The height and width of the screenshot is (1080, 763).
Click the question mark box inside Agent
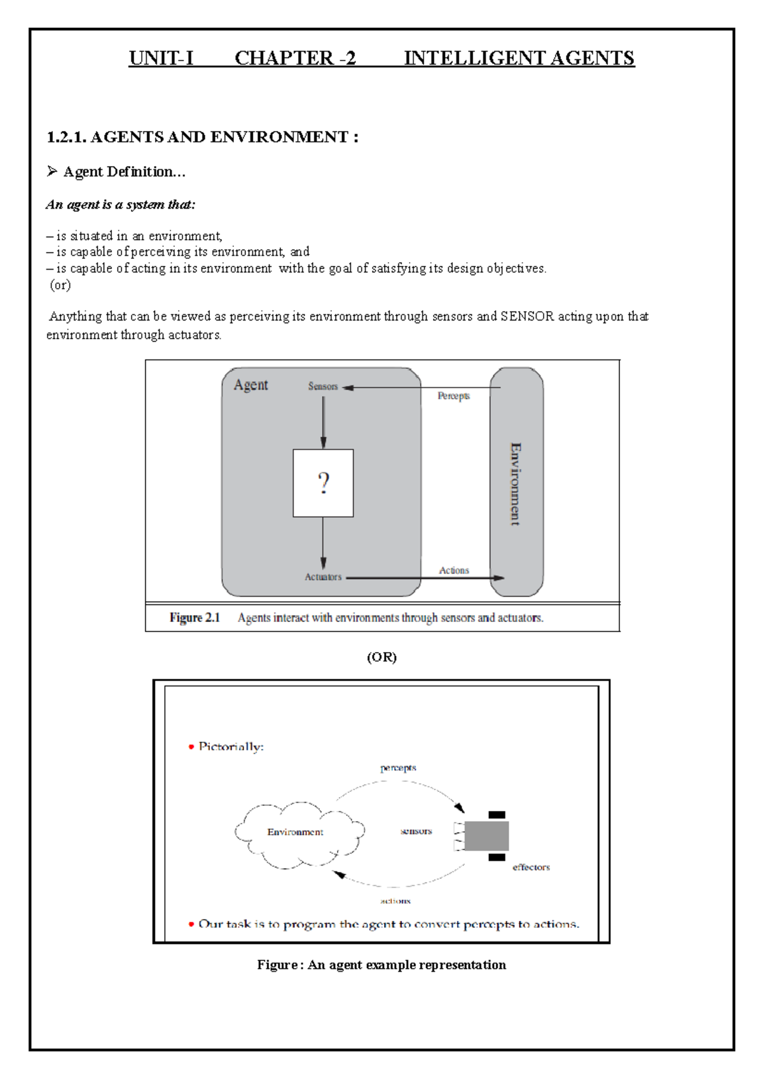coord(323,483)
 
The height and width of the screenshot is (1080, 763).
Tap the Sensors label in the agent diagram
coord(323,386)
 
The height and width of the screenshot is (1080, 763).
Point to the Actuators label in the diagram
coord(323,577)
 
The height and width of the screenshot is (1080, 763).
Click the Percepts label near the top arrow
coord(453,396)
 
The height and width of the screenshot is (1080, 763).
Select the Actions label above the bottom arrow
coord(453,571)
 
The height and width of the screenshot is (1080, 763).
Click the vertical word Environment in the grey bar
coord(516,483)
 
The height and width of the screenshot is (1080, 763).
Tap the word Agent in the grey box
coord(251,385)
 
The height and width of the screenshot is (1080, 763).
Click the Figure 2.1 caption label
coord(195,618)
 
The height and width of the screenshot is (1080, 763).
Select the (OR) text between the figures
coord(381,657)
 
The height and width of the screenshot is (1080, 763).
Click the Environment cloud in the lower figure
coord(296,833)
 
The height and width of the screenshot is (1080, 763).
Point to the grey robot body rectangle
coord(486,836)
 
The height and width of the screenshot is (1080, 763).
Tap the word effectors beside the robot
coord(531,867)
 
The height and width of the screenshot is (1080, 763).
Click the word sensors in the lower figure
coord(416,831)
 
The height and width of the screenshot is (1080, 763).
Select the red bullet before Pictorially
coord(191,747)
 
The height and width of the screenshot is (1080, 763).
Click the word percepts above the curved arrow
coord(398,768)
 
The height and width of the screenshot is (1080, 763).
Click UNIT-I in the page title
coord(161,58)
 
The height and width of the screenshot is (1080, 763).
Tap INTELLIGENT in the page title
coord(474,58)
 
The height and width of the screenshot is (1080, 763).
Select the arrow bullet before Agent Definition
coord(52,171)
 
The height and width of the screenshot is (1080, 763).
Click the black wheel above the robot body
coord(497,815)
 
